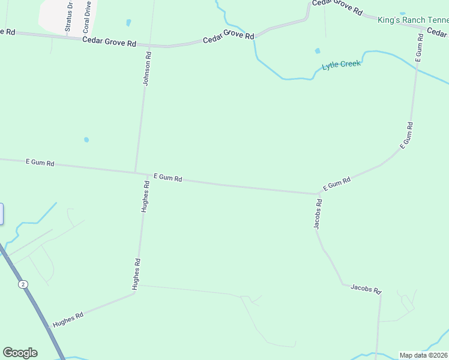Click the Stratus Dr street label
(68, 17)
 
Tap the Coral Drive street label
(87, 17)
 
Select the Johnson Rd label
(146, 68)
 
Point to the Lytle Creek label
(342, 64)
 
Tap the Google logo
(20, 353)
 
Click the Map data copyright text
(424, 355)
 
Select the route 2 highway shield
(23, 284)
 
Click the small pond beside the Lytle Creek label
(318, 51)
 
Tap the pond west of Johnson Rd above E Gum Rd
(86, 140)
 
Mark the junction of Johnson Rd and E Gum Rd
(135, 173)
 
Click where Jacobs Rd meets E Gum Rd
(318, 194)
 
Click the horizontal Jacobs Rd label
(366, 290)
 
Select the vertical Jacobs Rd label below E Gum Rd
(318, 214)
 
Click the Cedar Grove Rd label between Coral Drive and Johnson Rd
(109, 41)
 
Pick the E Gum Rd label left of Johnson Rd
(40, 163)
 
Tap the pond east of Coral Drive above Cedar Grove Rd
(128, 23)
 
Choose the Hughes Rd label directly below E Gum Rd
(145, 197)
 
